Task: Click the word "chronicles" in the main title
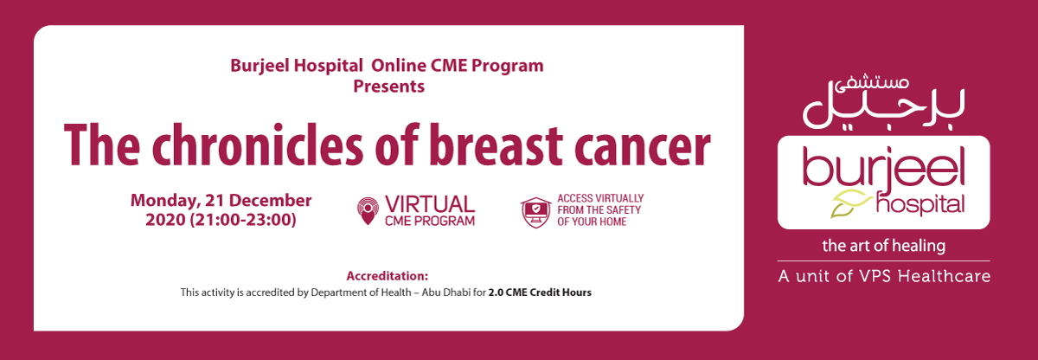coord(258,145)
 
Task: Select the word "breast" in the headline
coord(497,145)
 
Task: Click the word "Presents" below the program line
coord(388,87)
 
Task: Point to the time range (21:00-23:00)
coord(243,220)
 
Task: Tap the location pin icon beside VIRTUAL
coord(368,211)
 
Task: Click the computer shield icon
coord(536,212)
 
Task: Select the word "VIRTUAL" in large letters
coord(430,204)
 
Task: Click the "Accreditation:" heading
coord(388,276)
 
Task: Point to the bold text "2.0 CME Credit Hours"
coord(540,292)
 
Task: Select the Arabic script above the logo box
coord(883,104)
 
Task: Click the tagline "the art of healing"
coord(884,246)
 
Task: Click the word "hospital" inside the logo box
coord(920,205)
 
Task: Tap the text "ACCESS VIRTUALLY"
coord(600,198)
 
